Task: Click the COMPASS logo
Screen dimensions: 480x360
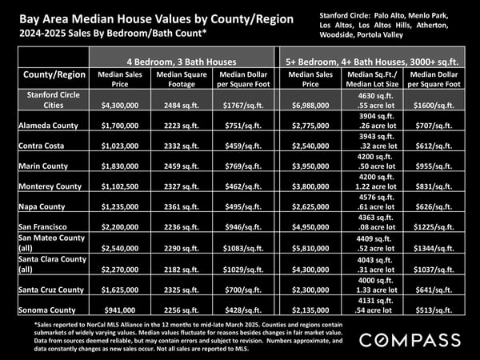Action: pyautogui.click(x=410, y=340)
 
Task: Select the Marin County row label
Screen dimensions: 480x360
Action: pyautogui.click(x=43, y=166)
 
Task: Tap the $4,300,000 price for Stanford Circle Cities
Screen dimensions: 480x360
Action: pyautogui.click(x=120, y=106)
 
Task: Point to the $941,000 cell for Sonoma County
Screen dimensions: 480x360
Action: pyautogui.click(x=120, y=310)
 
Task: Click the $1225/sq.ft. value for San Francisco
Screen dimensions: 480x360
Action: pyautogui.click(x=434, y=227)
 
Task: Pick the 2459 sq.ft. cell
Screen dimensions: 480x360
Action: pyautogui.click(x=182, y=166)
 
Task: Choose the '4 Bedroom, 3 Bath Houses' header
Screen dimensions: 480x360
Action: pyautogui.click(x=182, y=62)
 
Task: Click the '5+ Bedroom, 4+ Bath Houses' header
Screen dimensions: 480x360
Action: pyautogui.click(x=372, y=62)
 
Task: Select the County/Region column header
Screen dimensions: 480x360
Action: pyautogui.click(x=54, y=74)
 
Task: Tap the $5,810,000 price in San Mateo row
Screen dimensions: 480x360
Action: pyautogui.click(x=310, y=248)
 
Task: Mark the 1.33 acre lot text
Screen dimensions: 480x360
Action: pyautogui.click(x=377, y=290)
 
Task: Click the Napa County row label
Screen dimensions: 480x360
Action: pyautogui.click(x=42, y=206)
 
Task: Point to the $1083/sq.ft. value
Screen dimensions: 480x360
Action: pyautogui.click(x=243, y=248)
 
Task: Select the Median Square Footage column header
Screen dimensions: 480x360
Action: pyautogui.click(x=182, y=79)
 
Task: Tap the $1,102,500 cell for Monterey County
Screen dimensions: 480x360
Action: pyautogui.click(x=120, y=186)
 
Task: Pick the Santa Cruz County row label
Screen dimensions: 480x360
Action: pyautogui.click(x=51, y=290)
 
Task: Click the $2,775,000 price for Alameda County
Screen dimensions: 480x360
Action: pyautogui.click(x=310, y=126)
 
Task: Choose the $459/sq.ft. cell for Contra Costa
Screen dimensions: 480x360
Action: pyautogui.click(x=243, y=146)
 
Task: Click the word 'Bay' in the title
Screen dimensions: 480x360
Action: pyautogui.click(x=29, y=19)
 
